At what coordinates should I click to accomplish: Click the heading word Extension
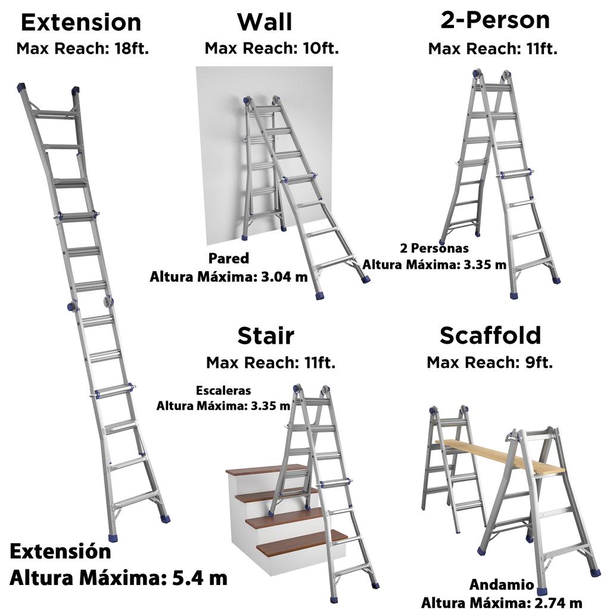[81, 22]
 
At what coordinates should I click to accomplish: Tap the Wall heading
[264, 22]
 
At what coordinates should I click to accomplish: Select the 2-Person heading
[495, 20]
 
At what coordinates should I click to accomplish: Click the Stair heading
[266, 335]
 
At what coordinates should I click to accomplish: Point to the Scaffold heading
[490, 335]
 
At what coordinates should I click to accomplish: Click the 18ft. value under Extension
[132, 49]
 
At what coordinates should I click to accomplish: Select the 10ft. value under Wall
[321, 48]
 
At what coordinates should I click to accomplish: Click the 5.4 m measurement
[200, 578]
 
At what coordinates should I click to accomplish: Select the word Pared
[229, 259]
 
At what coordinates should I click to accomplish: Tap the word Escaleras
[223, 390]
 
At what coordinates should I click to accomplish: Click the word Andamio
[502, 584]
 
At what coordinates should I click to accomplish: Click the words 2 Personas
[434, 248]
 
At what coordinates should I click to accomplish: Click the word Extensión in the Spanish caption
[60, 552]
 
